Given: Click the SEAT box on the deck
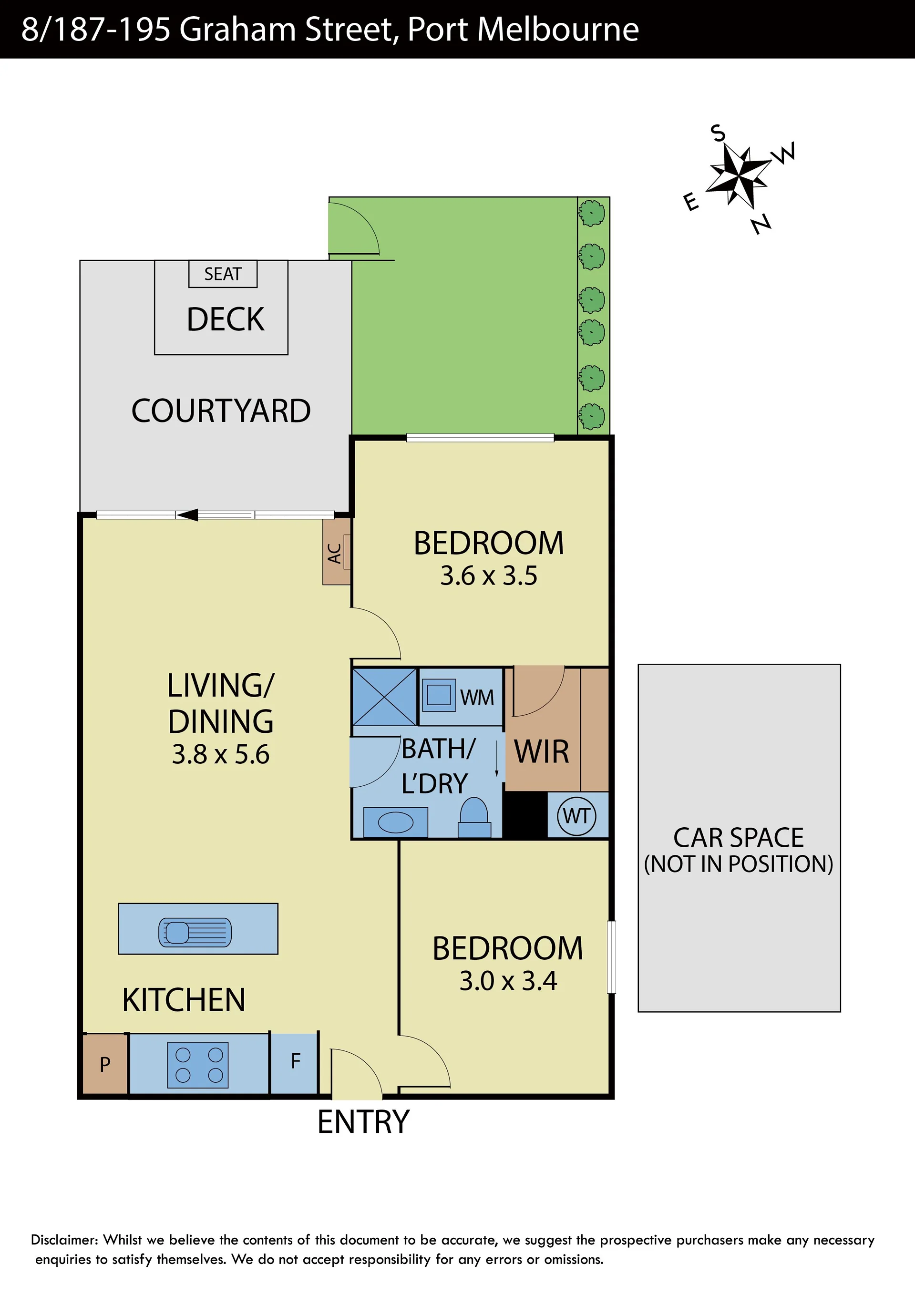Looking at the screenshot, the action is click(x=223, y=274).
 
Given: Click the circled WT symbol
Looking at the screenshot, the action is click(x=576, y=816).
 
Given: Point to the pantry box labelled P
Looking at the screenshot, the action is click(x=105, y=1064).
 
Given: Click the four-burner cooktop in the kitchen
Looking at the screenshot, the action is click(x=198, y=1065).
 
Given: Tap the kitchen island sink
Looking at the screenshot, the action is click(x=195, y=932).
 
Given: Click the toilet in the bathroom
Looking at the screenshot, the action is click(x=474, y=817).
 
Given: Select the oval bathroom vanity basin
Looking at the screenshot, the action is click(x=395, y=822).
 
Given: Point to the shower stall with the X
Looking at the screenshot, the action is click(x=384, y=697).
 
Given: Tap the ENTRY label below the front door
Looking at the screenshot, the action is click(x=363, y=1122).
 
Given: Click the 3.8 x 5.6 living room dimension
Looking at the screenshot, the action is click(x=221, y=754).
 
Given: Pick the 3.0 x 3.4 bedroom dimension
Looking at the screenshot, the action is click(x=508, y=981).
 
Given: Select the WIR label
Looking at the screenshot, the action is click(x=542, y=751).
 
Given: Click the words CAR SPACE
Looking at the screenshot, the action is click(x=739, y=838).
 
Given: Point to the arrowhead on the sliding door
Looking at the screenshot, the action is click(x=187, y=514).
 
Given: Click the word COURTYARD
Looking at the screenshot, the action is click(x=221, y=411).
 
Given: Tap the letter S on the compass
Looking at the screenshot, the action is click(x=718, y=133).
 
